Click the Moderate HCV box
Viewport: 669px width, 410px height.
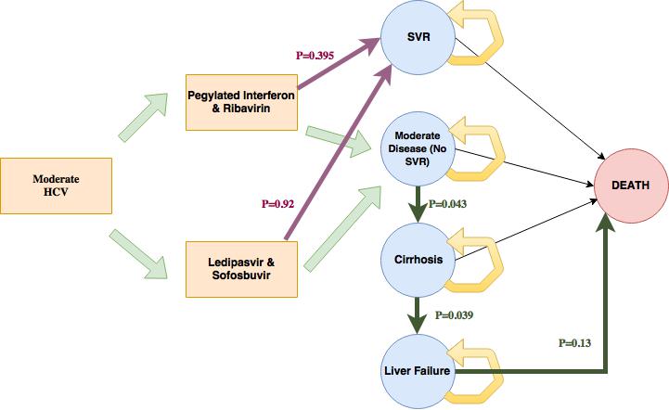coord(57,186)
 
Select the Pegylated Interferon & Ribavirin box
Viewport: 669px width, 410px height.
coord(241,102)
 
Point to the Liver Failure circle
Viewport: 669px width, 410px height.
coord(417,371)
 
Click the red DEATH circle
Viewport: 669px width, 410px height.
coord(631,186)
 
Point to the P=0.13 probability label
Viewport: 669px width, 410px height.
coord(577,342)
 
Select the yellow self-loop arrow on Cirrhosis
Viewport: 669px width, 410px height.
coord(478,264)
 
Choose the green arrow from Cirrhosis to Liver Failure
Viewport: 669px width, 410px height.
coord(417,316)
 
